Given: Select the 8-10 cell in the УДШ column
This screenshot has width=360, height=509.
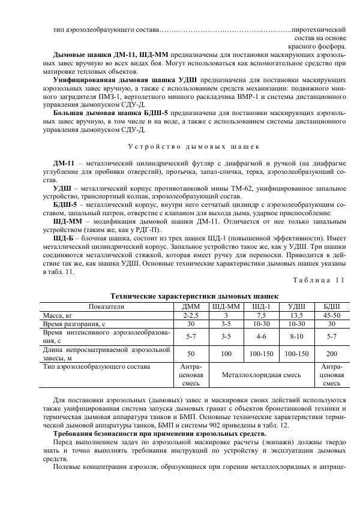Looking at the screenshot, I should click(x=296, y=337).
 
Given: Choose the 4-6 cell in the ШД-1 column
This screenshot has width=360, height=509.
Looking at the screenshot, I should click(x=261, y=337).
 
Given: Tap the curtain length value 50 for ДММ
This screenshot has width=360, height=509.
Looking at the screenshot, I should click(x=191, y=354).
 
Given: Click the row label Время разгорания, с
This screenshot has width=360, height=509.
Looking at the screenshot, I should click(x=74, y=324).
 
